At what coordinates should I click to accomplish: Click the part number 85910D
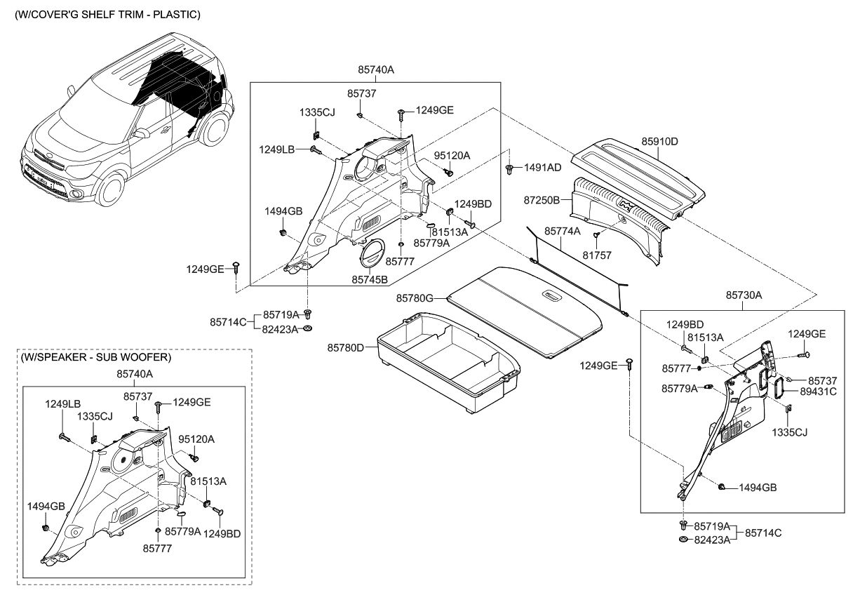pyautogui.click(x=659, y=141)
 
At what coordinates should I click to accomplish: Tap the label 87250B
pyautogui.click(x=542, y=200)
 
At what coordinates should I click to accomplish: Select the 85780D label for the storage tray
pyautogui.click(x=345, y=347)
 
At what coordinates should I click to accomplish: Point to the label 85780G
pyautogui.click(x=415, y=298)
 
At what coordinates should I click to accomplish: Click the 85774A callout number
pyautogui.click(x=563, y=232)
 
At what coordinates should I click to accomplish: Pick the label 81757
pyautogui.click(x=597, y=255)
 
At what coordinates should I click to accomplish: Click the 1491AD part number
pyautogui.click(x=542, y=168)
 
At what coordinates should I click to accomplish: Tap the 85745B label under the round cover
pyautogui.click(x=370, y=280)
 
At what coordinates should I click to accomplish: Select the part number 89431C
pyautogui.click(x=818, y=392)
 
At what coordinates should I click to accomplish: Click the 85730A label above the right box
pyautogui.click(x=744, y=295)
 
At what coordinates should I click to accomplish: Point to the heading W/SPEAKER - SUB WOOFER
pyautogui.click(x=95, y=357)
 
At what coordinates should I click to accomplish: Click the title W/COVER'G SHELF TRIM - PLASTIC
pyautogui.click(x=107, y=15)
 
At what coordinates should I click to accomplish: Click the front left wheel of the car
pyautogui.click(x=112, y=189)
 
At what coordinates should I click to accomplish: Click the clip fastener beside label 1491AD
pyautogui.click(x=509, y=170)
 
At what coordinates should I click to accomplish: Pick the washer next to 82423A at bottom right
pyautogui.click(x=683, y=540)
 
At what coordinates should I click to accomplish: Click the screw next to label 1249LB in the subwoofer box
pyautogui.click(x=64, y=437)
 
